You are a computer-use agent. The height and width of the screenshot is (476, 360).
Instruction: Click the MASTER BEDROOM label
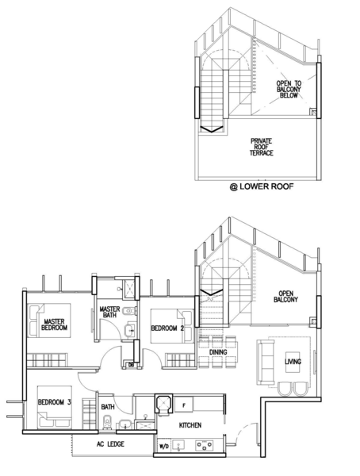pyautogui.click(x=55, y=324)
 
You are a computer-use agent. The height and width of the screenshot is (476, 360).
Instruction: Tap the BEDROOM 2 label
pyautogui.click(x=167, y=328)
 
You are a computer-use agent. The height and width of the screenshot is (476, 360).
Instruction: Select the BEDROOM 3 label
pyautogui.click(x=55, y=402)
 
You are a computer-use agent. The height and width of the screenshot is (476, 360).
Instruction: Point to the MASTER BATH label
pyautogui.click(x=109, y=312)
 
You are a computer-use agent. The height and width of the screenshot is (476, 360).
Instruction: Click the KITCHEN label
pyautogui.click(x=190, y=425)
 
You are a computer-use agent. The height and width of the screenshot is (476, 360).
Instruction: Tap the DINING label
pyautogui.click(x=218, y=352)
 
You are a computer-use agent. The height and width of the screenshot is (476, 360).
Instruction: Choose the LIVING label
pyautogui.click(x=293, y=362)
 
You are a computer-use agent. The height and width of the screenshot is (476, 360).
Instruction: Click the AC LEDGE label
pyautogui.click(x=110, y=444)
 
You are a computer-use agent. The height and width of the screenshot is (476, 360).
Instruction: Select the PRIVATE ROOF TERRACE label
pyautogui.click(x=262, y=148)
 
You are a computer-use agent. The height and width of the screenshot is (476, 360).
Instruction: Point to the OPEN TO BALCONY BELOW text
pyautogui.click(x=289, y=89)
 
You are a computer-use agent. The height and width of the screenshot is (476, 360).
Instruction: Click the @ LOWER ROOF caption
pyautogui.click(x=262, y=186)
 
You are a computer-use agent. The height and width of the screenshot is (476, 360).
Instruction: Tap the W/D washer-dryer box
pyautogui.click(x=163, y=446)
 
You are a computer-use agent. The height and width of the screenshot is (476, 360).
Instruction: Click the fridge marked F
pyautogui.click(x=184, y=405)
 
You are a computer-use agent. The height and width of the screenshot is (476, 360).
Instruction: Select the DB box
pyautogui.click(x=131, y=365)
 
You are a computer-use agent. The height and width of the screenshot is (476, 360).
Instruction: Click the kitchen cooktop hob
pyautogui.click(x=204, y=446)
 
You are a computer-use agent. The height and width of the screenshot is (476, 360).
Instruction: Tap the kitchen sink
pyautogui.click(x=178, y=446)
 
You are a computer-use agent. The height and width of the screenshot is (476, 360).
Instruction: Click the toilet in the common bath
pyautogui.click(x=107, y=423)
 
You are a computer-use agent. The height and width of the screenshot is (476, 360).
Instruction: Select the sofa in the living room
pyautogui.click(x=266, y=362)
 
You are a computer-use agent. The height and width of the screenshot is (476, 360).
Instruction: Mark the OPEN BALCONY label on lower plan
pyautogui.click(x=286, y=297)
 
